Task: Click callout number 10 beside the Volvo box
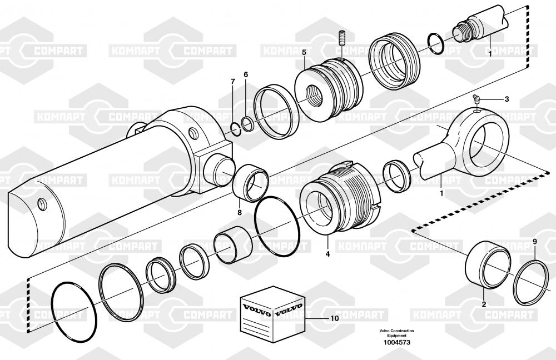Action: click(334, 318)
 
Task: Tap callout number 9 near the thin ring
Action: click(534, 241)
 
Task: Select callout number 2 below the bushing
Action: click(483, 304)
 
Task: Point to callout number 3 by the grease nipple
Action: click(506, 99)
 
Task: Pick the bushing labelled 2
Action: click(487, 269)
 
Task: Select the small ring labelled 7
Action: click(236, 129)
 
